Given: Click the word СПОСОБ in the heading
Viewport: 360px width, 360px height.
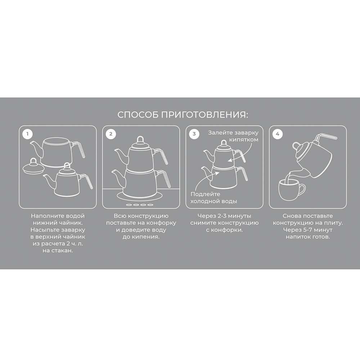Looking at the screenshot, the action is click(138, 115).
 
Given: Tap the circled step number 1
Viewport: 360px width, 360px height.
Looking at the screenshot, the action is click(28, 134).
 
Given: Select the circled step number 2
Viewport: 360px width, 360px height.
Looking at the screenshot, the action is click(111, 134).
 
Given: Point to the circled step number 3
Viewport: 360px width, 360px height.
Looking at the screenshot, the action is click(194, 134).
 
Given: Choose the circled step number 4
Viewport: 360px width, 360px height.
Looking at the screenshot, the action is click(278, 134).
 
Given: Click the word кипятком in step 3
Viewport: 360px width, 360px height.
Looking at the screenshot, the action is click(244, 140).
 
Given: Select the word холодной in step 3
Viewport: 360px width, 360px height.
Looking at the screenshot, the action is click(204, 201).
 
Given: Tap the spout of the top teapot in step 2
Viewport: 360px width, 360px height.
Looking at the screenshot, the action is click(121, 156).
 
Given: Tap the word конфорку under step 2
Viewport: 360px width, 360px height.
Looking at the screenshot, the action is click(161, 223).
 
